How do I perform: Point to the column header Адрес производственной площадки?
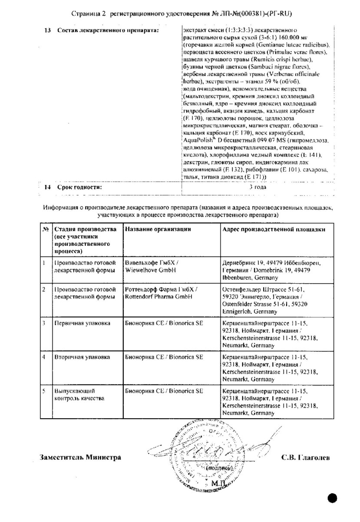274,229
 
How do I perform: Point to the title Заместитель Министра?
80,457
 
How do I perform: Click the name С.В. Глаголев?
305,457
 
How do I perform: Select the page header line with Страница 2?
180,14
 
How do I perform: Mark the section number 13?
48,30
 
